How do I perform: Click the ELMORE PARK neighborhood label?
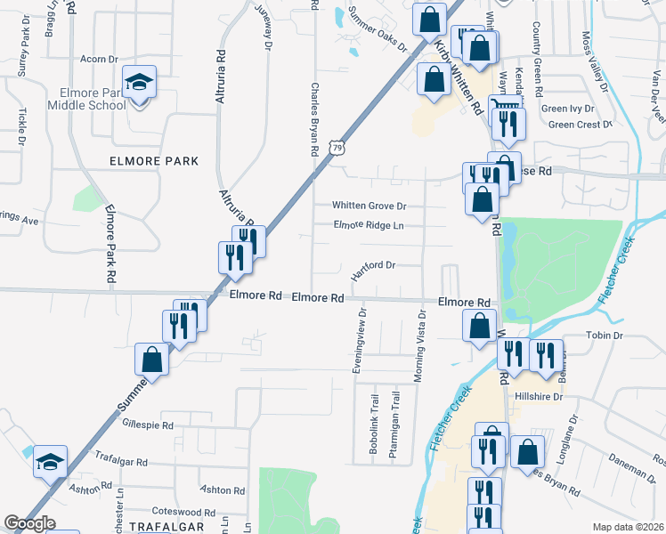[153, 161]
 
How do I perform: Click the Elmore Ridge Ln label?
[369, 225]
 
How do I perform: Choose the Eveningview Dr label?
[361, 341]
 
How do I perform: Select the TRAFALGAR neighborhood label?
[166, 526]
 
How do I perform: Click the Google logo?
[29, 524]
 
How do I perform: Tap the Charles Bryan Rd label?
[314, 120]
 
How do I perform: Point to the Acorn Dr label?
[99, 59]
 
